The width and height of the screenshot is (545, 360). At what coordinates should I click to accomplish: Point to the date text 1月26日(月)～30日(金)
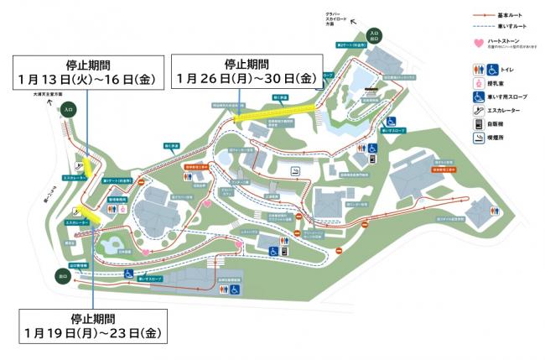[x=245, y=78]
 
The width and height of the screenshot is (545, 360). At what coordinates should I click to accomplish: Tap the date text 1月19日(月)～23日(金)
[x=91, y=333]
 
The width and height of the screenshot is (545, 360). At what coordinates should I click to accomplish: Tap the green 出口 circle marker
[x=62, y=275]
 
